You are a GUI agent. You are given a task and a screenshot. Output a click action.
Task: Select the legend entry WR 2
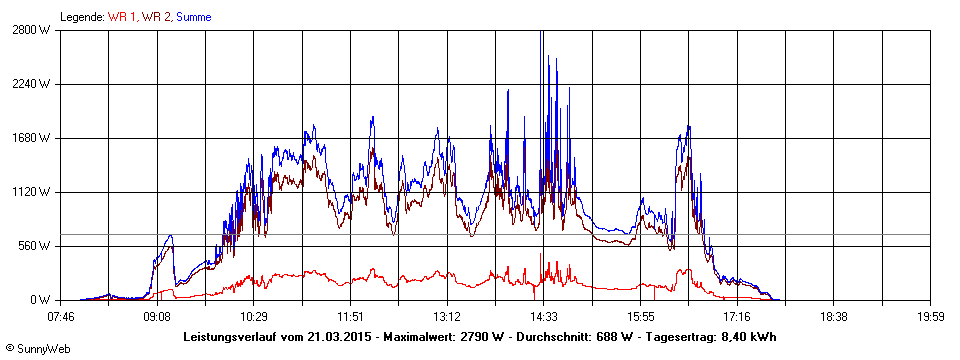tap(156, 17)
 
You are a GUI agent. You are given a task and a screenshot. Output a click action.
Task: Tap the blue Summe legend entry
tap(193, 17)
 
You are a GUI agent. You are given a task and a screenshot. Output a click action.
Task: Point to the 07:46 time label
tap(61, 316)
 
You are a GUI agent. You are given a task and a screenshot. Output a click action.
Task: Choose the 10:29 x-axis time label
tap(254, 316)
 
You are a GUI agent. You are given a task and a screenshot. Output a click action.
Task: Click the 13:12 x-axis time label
tap(447, 316)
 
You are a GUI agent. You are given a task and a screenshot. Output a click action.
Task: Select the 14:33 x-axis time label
tap(544, 316)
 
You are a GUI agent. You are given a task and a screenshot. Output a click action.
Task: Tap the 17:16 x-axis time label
tap(737, 316)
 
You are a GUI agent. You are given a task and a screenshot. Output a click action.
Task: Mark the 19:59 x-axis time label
tap(930, 316)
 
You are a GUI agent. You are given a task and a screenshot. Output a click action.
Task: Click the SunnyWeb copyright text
tap(38, 349)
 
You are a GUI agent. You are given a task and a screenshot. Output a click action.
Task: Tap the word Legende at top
tap(80, 17)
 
